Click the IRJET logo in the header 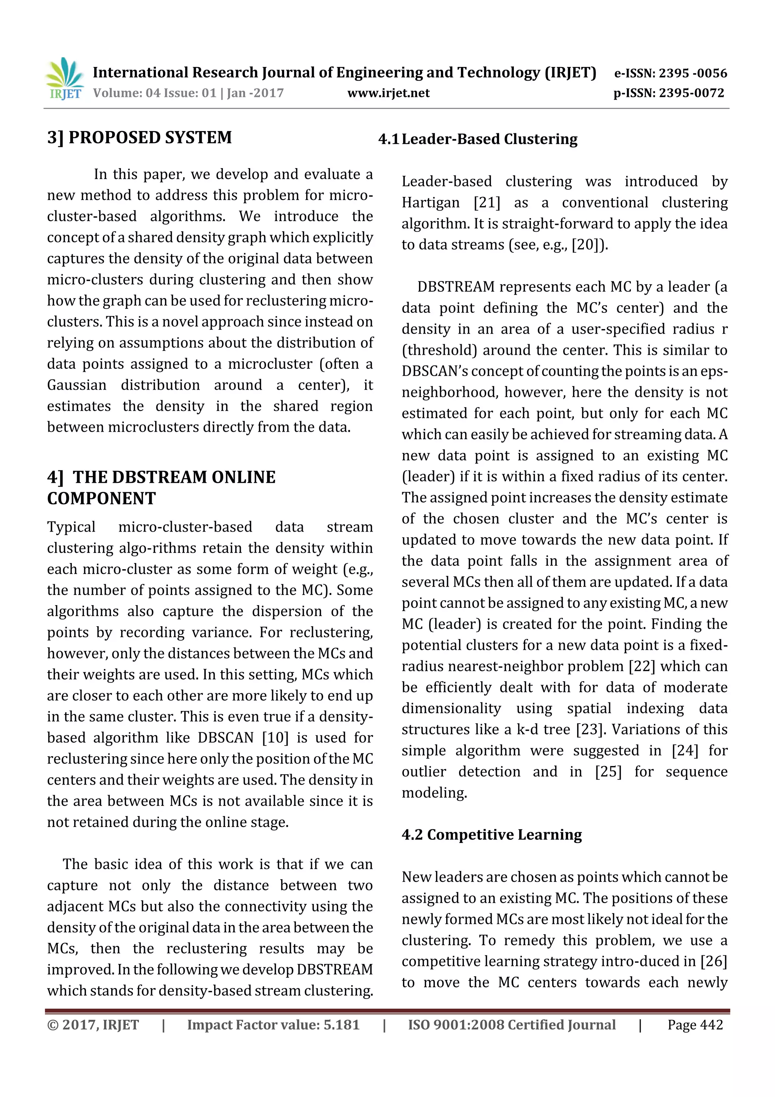coord(64,79)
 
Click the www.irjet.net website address coord(388,93)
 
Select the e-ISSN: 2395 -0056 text coord(670,73)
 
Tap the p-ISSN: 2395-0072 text coord(669,93)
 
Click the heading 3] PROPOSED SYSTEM coord(139,137)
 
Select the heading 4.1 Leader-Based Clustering coord(478,139)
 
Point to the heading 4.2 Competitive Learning coord(491,834)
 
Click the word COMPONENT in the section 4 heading coord(101,498)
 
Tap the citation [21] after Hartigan coord(487,203)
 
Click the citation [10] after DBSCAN coord(275,738)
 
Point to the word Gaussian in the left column coord(76,385)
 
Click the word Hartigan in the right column coord(430,203)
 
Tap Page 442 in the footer coord(695,1024)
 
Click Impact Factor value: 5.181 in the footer coord(273,1024)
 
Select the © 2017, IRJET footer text coord(93,1024)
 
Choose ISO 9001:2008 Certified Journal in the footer coord(511,1024)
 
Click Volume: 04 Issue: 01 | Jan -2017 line coord(188,93)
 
